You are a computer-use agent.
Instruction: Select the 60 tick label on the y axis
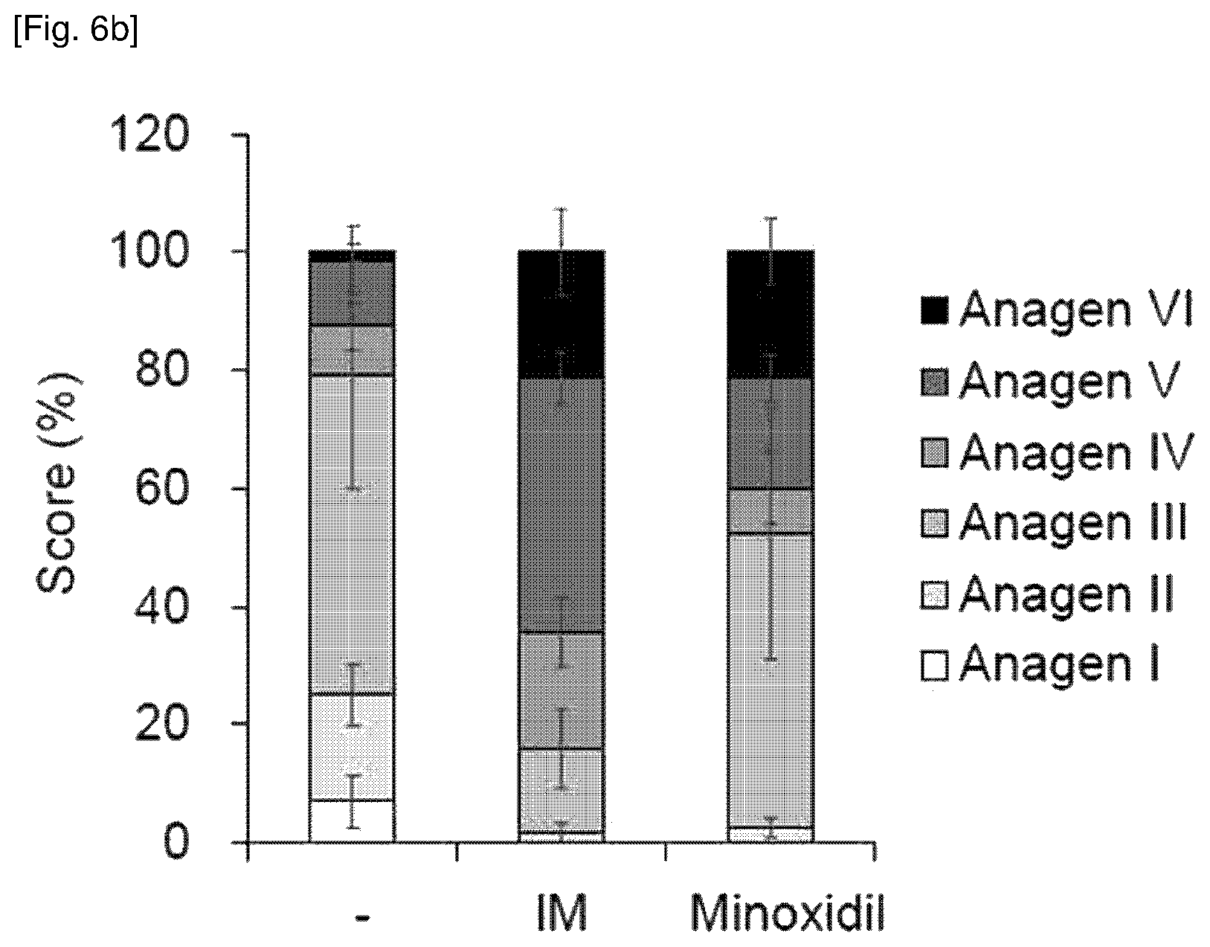point(161,488)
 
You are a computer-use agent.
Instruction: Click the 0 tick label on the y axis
point(176,841)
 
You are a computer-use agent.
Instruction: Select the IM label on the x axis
point(561,913)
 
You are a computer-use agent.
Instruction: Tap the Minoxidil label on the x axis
point(788,913)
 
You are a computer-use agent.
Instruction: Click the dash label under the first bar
point(362,917)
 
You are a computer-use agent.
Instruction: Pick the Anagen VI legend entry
point(1057,309)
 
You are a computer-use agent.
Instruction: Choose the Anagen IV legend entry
point(1057,452)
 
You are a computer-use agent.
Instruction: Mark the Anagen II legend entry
point(1047,594)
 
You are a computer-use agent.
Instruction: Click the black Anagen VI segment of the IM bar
point(561,315)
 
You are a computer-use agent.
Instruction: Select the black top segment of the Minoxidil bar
point(770,315)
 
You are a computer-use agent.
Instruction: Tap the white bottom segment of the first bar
point(352,821)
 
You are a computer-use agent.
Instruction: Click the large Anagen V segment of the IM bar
point(561,505)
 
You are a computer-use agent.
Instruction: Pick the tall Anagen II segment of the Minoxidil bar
point(770,680)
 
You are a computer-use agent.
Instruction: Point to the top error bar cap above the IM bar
point(561,209)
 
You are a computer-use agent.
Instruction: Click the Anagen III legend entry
point(1054,523)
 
